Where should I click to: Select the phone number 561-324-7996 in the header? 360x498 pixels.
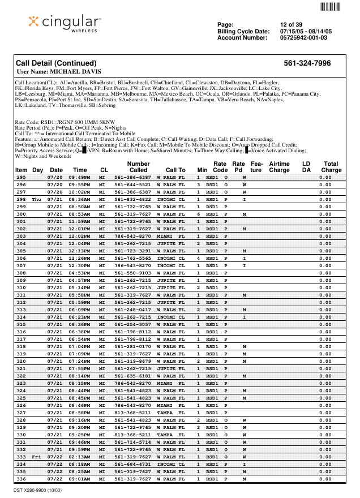[307, 63]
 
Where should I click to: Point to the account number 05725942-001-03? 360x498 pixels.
[303, 38]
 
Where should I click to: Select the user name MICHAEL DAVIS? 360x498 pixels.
[59, 72]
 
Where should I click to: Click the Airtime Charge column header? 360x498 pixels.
[279, 166]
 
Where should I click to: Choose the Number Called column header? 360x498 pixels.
[138, 166]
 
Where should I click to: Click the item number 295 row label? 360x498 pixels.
[21, 177]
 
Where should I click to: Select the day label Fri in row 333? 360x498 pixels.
[37, 457]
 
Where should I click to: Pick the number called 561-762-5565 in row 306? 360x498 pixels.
[133, 258]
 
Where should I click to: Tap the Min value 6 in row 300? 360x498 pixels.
[199, 214]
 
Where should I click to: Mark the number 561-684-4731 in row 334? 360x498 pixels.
[133, 464]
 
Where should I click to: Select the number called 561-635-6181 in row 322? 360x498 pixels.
[133, 376]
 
